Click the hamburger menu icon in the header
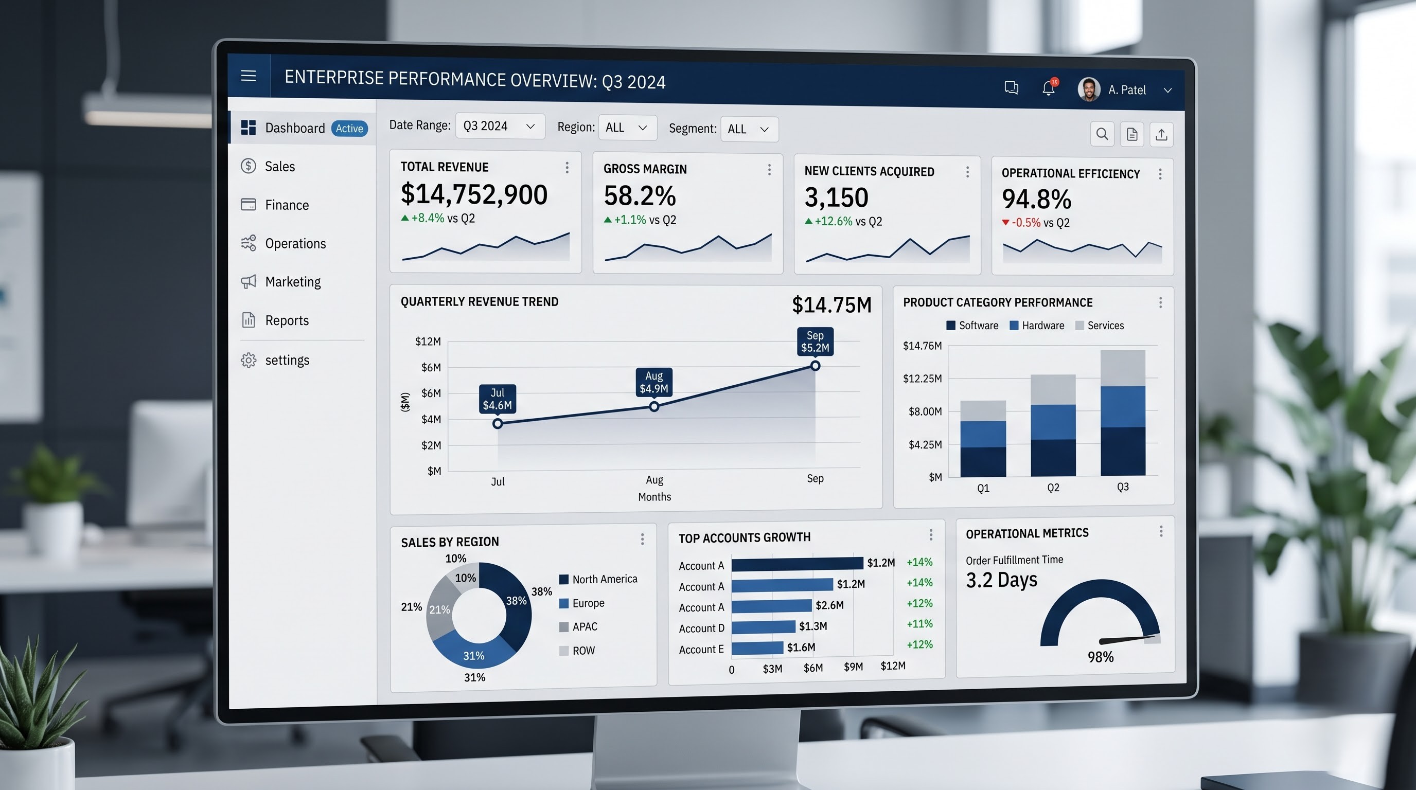[x=249, y=76]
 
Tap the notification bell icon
[x=1049, y=88]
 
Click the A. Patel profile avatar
[x=1088, y=89]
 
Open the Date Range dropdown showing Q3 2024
[x=500, y=127]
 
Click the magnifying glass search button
[x=1102, y=134]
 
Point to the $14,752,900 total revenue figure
[x=474, y=194]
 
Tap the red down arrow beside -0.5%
[x=1005, y=223]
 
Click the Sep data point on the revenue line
[x=815, y=366]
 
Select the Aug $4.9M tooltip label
[x=654, y=382]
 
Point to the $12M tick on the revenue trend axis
[x=428, y=342]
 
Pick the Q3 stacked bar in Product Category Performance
[x=1123, y=412]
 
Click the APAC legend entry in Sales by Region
[x=578, y=627]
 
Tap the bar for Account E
[x=757, y=648]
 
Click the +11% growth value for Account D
[x=919, y=624]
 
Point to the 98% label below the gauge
[x=1101, y=657]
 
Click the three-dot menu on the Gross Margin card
[x=769, y=170]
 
